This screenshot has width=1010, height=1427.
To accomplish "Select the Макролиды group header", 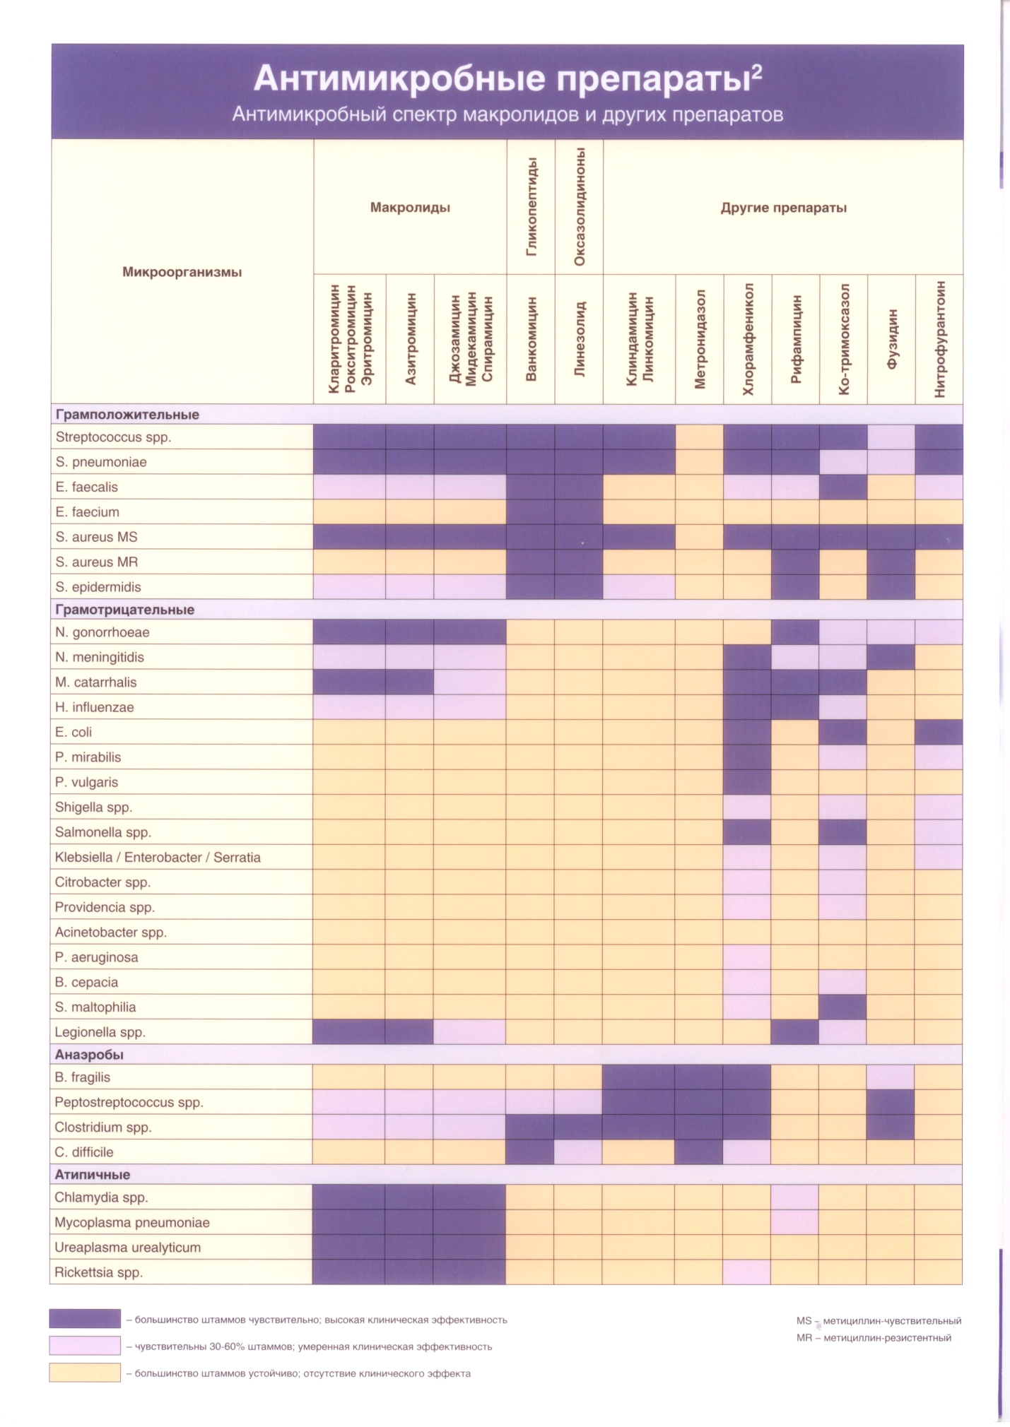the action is (x=410, y=208).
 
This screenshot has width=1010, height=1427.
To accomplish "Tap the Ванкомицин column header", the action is (x=531, y=338).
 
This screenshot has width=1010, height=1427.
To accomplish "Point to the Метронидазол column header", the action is (x=700, y=338).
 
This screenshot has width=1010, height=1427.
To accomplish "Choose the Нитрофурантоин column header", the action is (x=939, y=338).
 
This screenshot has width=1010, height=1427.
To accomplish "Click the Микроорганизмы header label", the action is (x=182, y=272).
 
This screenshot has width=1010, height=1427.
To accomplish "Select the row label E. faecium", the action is (x=87, y=512).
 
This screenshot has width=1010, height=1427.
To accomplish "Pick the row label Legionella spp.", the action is (x=100, y=1032).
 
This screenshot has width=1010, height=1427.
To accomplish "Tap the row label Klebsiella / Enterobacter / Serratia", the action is (x=158, y=858).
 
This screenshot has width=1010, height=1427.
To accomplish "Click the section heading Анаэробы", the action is (x=89, y=1055).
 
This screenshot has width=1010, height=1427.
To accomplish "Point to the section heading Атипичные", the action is (x=93, y=1175).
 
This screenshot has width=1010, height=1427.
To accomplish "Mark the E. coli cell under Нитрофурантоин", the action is (x=939, y=732).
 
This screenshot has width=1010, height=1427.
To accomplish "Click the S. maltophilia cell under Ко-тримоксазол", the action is (x=843, y=1007).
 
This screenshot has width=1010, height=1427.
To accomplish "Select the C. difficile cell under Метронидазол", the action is (x=699, y=1152).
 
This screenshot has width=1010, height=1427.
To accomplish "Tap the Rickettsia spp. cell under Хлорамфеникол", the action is (x=747, y=1272).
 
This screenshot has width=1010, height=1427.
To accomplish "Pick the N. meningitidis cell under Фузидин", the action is (x=891, y=657).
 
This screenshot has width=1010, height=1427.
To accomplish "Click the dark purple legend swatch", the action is (x=85, y=1319).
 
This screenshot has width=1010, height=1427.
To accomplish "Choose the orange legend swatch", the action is (x=85, y=1373).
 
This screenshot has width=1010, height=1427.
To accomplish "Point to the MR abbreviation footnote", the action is (x=874, y=1338).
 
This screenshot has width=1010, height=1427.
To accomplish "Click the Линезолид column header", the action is (x=580, y=338).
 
